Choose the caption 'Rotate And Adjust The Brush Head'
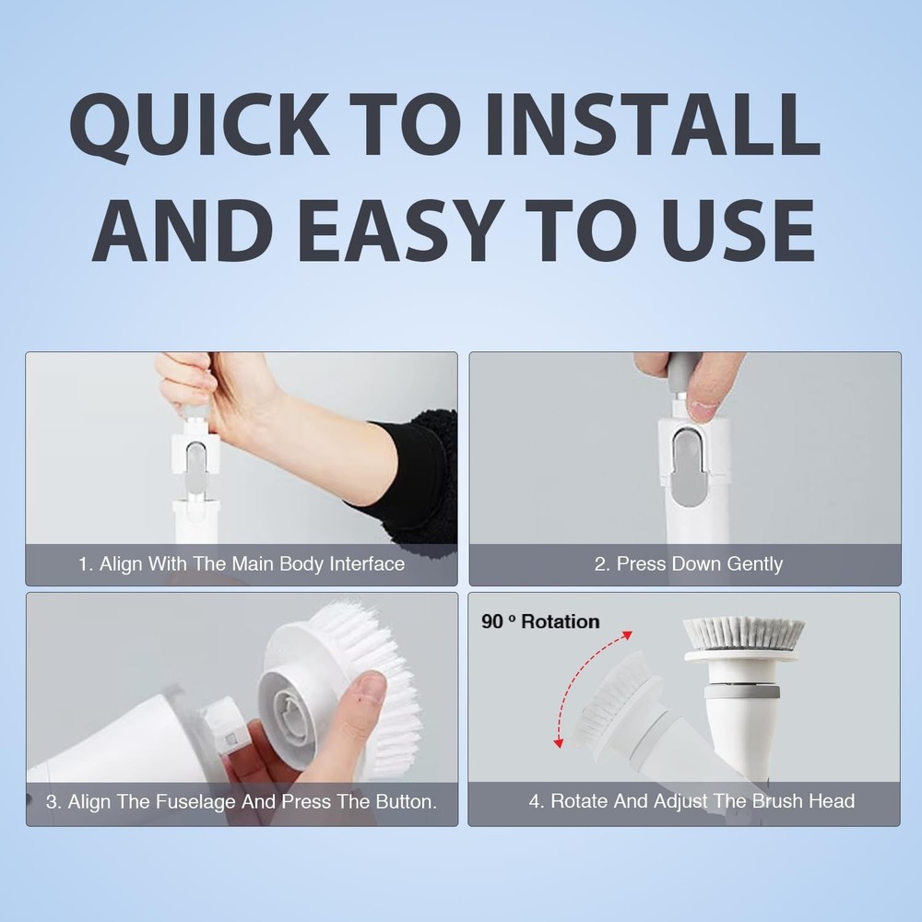tap(691, 801)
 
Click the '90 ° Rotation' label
tap(540, 621)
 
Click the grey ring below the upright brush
tap(742, 691)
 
